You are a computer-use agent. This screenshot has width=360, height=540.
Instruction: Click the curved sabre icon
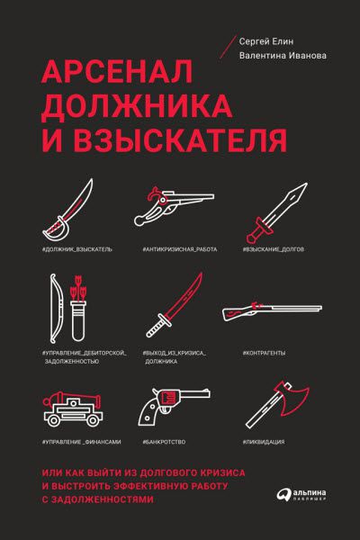click(72, 206)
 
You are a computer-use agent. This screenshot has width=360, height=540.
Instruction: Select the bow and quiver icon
click(67, 305)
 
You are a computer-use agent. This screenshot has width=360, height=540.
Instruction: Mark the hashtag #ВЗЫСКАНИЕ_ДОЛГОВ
click(276, 247)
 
